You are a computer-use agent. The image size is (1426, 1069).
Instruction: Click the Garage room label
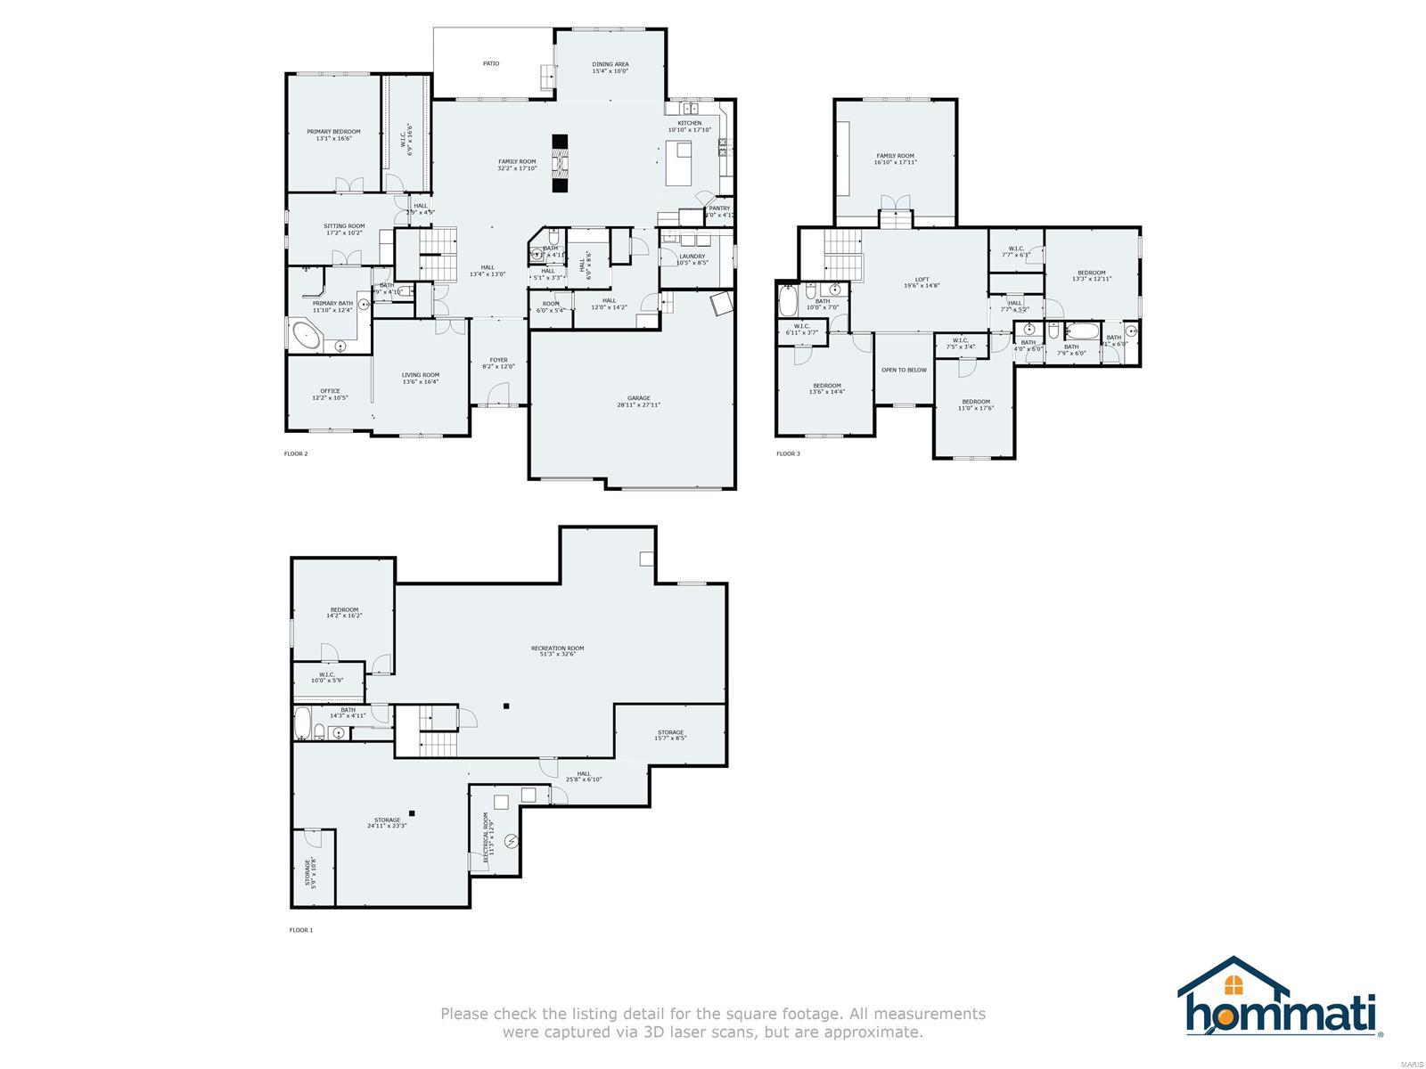click(x=638, y=401)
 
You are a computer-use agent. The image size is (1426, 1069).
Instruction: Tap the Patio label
click(x=491, y=63)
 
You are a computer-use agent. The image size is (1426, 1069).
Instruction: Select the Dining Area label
click(x=611, y=67)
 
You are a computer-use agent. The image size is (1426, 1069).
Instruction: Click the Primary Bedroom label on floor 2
click(x=333, y=135)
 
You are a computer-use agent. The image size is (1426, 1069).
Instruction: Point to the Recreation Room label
click(x=557, y=651)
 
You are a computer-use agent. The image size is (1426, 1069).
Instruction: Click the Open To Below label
click(x=904, y=370)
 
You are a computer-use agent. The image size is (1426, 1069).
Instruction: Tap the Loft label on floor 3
click(x=922, y=282)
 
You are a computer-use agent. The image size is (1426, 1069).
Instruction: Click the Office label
click(x=330, y=394)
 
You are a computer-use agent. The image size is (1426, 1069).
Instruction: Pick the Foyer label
click(x=499, y=363)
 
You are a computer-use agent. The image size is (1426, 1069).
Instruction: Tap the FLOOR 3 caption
click(x=788, y=454)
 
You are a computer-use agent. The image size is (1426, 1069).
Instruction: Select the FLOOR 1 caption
click(x=301, y=930)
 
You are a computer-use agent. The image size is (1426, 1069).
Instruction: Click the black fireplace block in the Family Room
click(x=560, y=162)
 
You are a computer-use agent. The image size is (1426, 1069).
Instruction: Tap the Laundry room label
click(x=692, y=259)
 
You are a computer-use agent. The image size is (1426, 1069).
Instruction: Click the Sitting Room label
click(x=344, y=229)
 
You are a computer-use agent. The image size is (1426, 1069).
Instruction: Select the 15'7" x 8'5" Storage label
click(x=670, y=735)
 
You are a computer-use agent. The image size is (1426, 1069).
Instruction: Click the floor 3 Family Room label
click(x=895, y=159)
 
